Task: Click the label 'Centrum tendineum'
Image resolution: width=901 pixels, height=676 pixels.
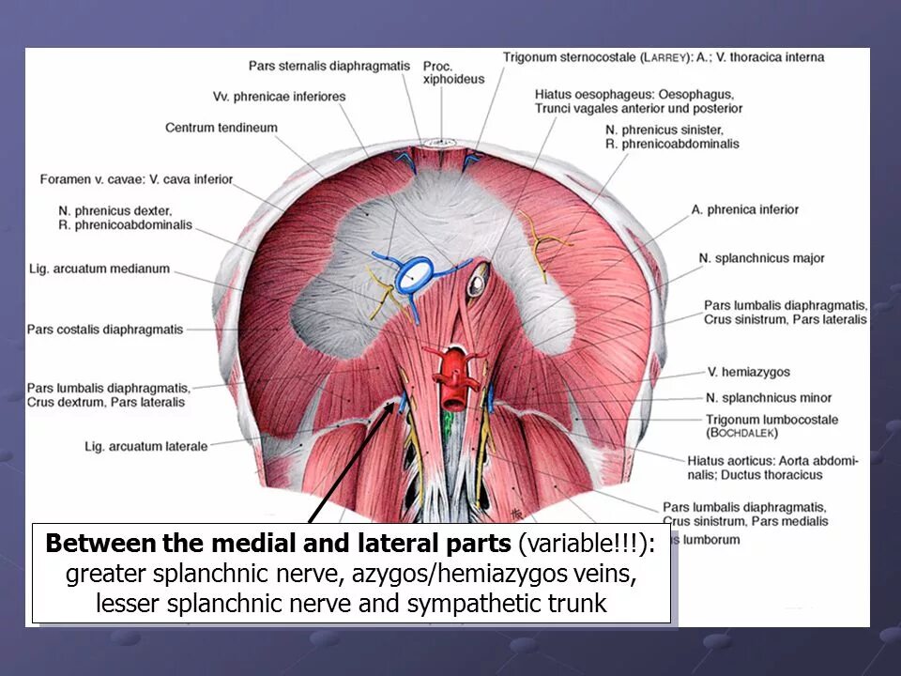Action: click(x=221, y=128)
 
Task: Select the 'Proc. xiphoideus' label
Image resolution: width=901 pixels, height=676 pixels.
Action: click(x=453, y=72)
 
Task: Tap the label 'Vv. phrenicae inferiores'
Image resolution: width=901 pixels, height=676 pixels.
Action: click(x=279, y=97)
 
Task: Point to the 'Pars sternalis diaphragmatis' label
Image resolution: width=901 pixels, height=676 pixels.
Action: click(x=329, y=66)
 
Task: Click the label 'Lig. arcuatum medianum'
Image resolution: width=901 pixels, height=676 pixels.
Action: click(x=99, y=269)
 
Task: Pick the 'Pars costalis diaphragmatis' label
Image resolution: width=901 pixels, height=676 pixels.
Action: click(x=105, y=330)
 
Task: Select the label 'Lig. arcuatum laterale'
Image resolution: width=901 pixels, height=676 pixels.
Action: click(x=145, y=446)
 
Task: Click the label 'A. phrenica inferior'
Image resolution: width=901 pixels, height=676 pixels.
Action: click(x=745, y=209)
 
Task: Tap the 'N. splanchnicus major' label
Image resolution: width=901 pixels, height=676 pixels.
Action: click(x=757, y=257)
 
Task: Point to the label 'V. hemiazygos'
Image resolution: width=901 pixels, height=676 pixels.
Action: click(x=749, y=373)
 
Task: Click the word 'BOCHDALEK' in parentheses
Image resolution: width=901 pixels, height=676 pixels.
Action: click(x=744, y=435)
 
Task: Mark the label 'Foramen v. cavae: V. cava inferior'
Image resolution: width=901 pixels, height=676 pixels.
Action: click(x=136, y=179)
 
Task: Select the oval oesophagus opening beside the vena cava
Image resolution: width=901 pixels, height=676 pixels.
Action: click(x=478, y=277)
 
